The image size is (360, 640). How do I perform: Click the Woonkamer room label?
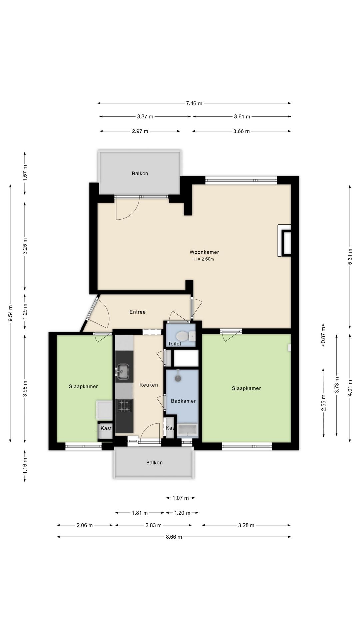[204, 252]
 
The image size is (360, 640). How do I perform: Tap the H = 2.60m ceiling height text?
[204, 259]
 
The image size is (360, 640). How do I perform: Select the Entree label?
[137, 312]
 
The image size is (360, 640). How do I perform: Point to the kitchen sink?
[123, 371]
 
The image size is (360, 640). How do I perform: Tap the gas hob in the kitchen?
[124, 406]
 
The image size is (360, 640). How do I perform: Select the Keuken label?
[149, 385]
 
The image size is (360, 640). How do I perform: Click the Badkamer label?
[183, 401]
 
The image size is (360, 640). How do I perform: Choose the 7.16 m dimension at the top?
[194, 103]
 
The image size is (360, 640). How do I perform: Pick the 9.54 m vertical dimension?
[10, 313]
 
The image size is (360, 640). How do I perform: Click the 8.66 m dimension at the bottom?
[174, 537]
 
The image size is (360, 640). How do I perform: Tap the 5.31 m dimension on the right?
[350, 257]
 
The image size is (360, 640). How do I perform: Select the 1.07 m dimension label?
[181, 498]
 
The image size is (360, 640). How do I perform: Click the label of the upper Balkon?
[140, 173]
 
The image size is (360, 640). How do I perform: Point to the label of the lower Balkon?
[154, 462]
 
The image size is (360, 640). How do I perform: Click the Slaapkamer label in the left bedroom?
[83, 386]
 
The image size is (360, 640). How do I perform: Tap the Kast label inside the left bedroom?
[106, 428]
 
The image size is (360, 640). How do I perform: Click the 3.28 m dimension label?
[246, 525]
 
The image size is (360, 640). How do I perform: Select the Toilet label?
[175, 344]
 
